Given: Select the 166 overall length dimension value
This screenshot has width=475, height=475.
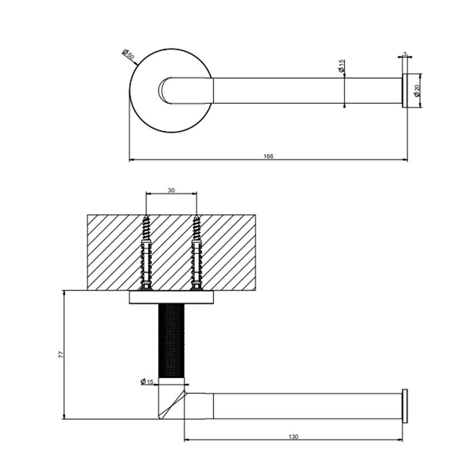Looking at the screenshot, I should (268, 156).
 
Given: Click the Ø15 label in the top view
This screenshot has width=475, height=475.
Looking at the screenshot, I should (341, 66).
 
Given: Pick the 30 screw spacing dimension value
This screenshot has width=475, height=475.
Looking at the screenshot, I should (171, 191).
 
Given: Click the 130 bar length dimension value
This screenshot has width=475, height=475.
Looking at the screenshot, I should (293, 436).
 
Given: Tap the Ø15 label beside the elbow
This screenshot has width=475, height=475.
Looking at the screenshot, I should (147, 382).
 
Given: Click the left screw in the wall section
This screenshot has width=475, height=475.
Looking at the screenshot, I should (146, 252).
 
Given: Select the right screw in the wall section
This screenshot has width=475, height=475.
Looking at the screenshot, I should (196, 252).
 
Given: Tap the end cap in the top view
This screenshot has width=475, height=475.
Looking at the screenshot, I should (405, 90).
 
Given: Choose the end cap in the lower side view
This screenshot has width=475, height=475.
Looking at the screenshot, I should (405, 406).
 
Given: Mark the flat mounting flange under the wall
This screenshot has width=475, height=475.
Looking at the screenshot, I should (171, 297).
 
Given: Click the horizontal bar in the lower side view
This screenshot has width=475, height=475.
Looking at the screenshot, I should (305, 406).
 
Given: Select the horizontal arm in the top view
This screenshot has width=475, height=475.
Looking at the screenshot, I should (305, 90).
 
